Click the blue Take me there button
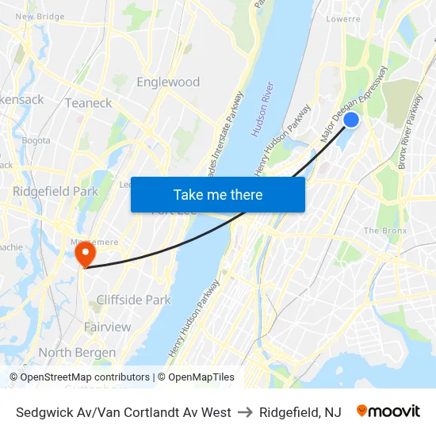click(x=218, y=194)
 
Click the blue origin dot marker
click(x=351, y=120)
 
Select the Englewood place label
click(x=168, y=82)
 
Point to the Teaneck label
click(x=88, y=102)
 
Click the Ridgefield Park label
click(x=55, y=191)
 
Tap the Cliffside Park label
click(x=133, y=300)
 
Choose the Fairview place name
click(x=108, y=327)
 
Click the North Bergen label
click(x=77, y=352)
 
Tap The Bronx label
click(x=384, y=231)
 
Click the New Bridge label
click(x=40, y=16)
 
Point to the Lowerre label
click(x=342, y=18)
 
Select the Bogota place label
click(x=36, y=140)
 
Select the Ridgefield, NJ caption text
click(x=300, y=412)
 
